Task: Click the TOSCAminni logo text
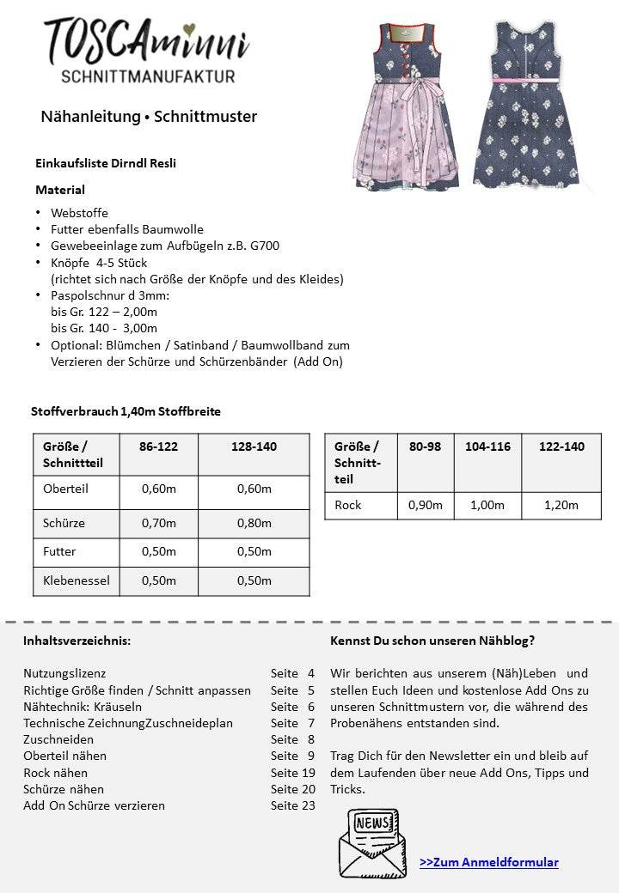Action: [146, 40]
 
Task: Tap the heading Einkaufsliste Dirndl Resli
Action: [106, 162]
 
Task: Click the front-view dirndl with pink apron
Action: [403, 107]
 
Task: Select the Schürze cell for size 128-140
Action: [254, 523]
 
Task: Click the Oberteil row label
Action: [66, 489]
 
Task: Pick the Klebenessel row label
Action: [77, 580]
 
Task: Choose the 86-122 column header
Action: [158, 446]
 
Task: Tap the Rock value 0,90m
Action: [425, 505]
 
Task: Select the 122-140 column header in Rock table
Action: [561, 446]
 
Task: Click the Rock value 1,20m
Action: [561, 505]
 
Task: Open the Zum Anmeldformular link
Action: [488, 862]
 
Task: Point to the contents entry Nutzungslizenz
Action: [64, 674]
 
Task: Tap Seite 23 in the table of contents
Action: [292, 805]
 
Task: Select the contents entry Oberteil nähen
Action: [64, 756]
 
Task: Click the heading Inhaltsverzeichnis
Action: [77, 641]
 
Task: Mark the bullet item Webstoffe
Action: [79, 213]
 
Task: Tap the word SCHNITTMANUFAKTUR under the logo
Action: [148, 77]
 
